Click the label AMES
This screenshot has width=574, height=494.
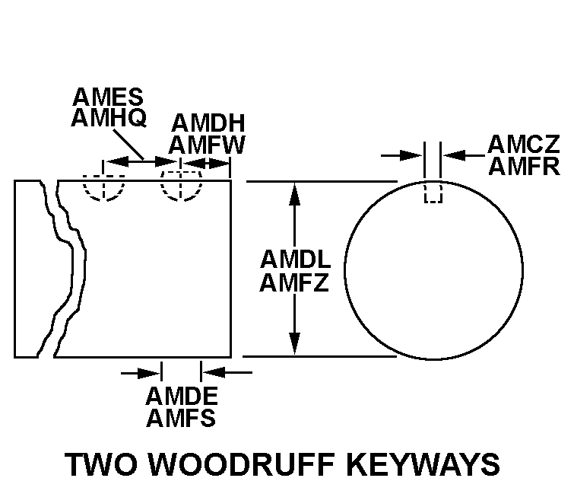(x=108, y=97)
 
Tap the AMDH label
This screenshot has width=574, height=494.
(x=207, y=124)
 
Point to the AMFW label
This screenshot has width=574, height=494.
(x=208, y=145)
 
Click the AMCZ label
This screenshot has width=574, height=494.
(x=523, y=144)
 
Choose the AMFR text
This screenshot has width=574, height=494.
(x=523, y=166)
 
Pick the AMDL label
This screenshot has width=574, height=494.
(x=294, y=260)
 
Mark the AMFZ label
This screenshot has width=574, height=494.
(x=294, y=283)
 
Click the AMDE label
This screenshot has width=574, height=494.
(x=181, y=397)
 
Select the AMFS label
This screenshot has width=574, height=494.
(x=181, y=418)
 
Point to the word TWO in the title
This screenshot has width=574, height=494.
(x=100, y=465)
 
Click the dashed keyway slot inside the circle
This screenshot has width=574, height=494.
(x=433, y=193)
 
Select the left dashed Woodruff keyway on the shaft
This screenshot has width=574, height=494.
(x=103, y=188)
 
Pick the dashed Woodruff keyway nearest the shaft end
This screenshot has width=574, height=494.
(x=181, y=188)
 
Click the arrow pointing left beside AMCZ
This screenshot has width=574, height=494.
(x=454, y=155)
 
